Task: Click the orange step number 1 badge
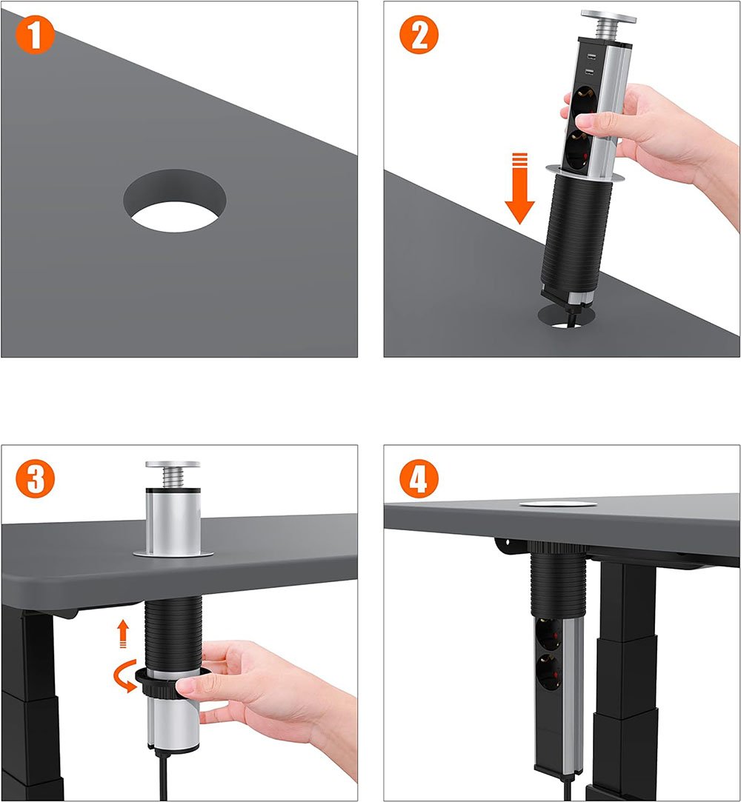35,35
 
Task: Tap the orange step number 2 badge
419,35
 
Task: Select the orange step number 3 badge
35,478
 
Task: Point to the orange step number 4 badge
419,478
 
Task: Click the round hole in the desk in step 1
174,201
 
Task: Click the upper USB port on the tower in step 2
590,56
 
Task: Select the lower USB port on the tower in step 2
589,73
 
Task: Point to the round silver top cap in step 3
173,464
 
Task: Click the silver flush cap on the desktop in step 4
558,504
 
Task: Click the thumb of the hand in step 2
597,121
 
